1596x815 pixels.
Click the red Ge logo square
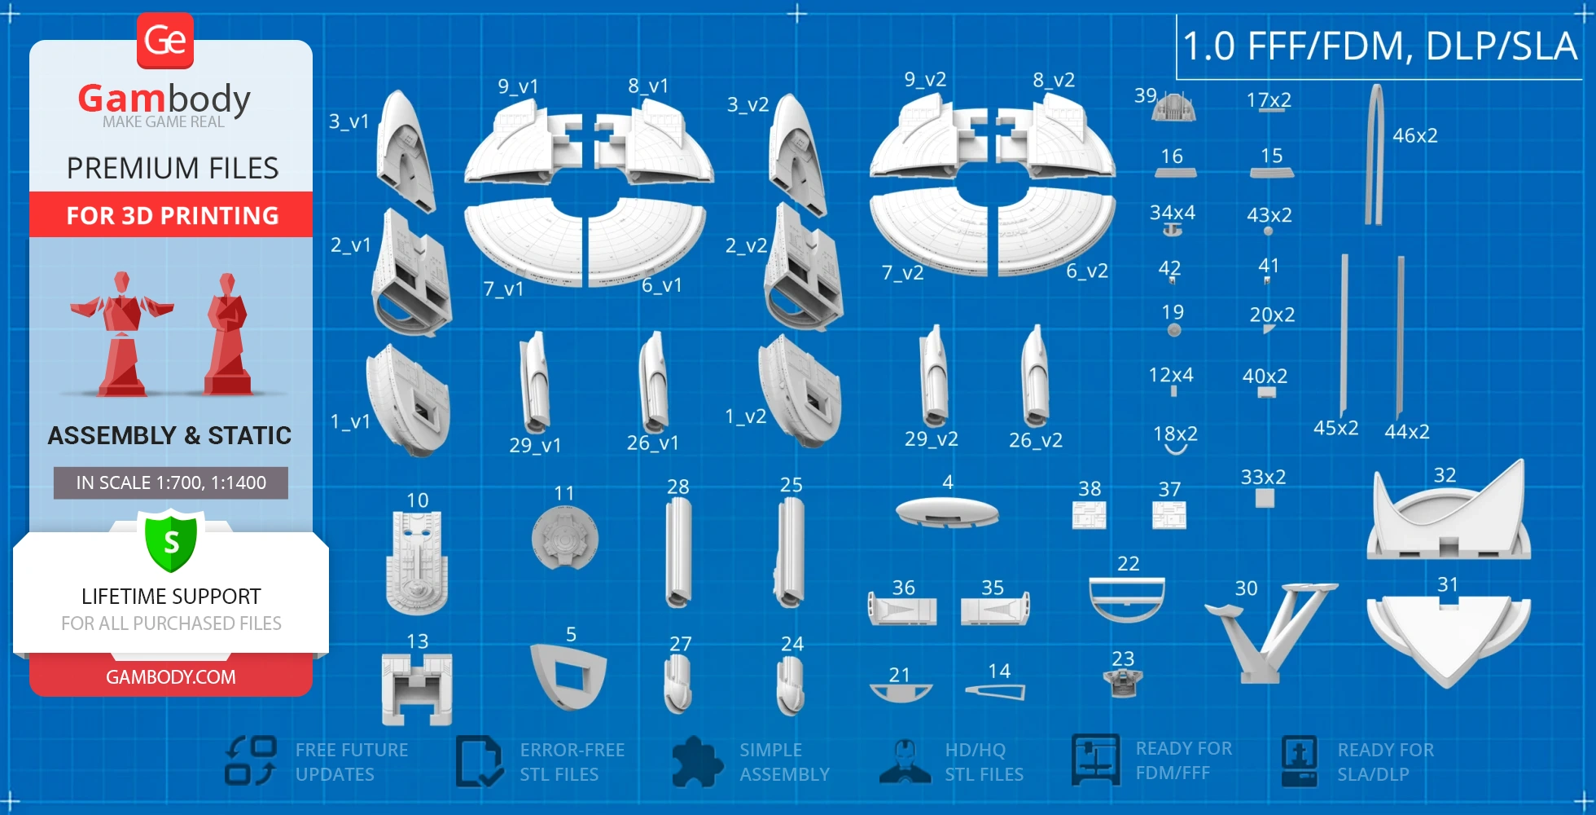pos(165,40)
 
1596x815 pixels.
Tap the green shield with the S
pos(171,540)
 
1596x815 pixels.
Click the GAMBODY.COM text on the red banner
pos(171,676)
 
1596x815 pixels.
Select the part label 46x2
pos(1414,135)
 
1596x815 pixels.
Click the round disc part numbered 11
pos(564,539)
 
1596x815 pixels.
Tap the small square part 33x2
pos(1265,498)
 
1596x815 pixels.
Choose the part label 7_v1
pos(503,289)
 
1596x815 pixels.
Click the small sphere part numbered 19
pos(1173,330)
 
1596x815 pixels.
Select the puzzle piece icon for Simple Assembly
pos(697,762)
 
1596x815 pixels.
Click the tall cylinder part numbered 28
pos(678,553)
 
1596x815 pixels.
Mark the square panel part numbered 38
pos(1089,515)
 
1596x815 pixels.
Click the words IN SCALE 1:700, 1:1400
pos(171,482)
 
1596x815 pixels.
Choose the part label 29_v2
pos(931,439)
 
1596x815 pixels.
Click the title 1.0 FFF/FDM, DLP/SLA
pos(1380,46)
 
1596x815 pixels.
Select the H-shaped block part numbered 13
pos(417,689)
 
